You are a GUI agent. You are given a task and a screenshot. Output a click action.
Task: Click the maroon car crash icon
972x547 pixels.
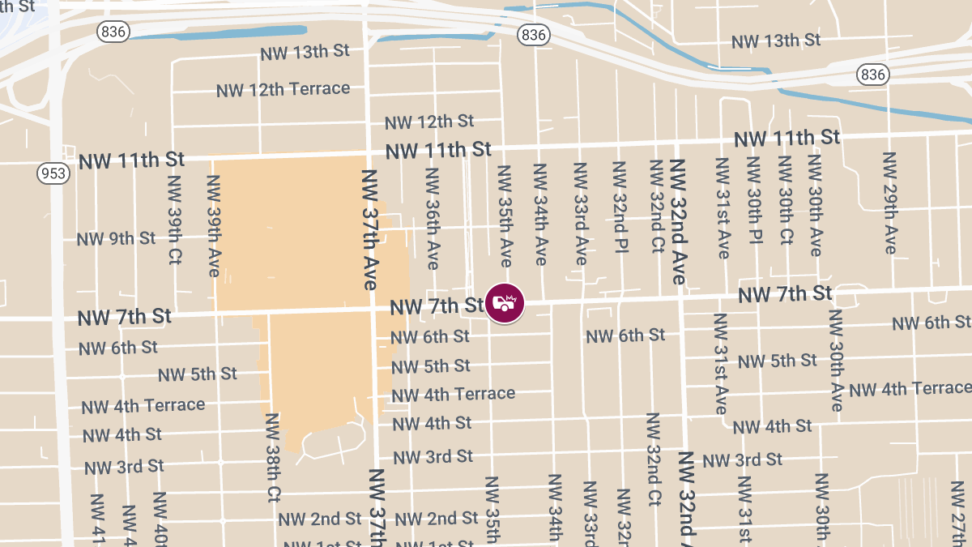pyautogui.click(x=505, y=302)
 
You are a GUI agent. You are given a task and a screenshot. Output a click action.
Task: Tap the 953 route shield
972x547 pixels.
pyautogui.click(x=53, y=173)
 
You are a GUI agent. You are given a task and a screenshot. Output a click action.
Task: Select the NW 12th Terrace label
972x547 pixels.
pyautogui.click(x=283, y=88)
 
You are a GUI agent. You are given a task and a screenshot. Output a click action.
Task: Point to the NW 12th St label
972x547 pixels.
pyautogui.click(x=429, y=122)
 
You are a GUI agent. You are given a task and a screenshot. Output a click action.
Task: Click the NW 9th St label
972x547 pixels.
pyautogui.click(x=116, y=239)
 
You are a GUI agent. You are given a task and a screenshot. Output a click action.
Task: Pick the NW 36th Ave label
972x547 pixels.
pyautogui.click(x=432, y=219)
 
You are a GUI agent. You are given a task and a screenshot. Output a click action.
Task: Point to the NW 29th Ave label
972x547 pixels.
pyautogui.click(x=889, y=203)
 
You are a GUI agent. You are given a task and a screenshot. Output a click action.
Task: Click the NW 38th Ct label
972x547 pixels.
pyautogui.click(x=272, y=457)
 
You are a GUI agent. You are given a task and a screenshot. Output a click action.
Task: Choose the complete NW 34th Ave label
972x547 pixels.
pyautogui.click(x=539, y=215)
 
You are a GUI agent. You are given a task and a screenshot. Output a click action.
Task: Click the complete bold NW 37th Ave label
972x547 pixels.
pyautogui.click(x=369, y=230)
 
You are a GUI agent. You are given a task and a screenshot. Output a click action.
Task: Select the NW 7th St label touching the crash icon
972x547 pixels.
pyautogui.click(x=437, y=306)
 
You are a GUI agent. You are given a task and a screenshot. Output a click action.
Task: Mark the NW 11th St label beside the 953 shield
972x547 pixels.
pyautogui.click(x=131, y=160)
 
